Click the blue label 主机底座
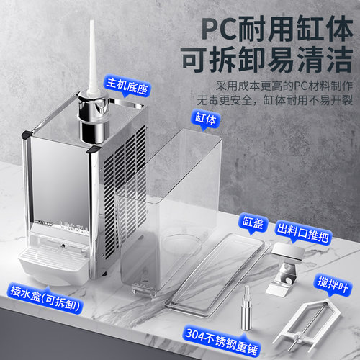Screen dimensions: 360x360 click(127, 86)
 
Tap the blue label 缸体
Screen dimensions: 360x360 click(205, 119)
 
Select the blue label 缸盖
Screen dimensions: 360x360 click(253, 222)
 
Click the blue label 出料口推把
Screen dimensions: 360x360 click(303, 233)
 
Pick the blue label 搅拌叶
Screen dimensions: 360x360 click(333, 284)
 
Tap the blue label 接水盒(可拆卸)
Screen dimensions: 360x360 click(45, 299)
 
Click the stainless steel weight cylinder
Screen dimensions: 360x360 click(246, 309)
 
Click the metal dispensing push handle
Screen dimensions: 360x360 click(286, 269)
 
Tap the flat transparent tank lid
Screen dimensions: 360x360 click(217, 275)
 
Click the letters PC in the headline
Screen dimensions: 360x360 click(220, 29)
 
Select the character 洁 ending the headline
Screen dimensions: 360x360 click(338, 59)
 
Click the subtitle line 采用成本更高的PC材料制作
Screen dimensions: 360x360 click(284, 86)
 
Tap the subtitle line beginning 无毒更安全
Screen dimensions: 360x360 click(275, 100)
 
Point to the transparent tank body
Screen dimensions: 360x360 click(171, 211)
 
